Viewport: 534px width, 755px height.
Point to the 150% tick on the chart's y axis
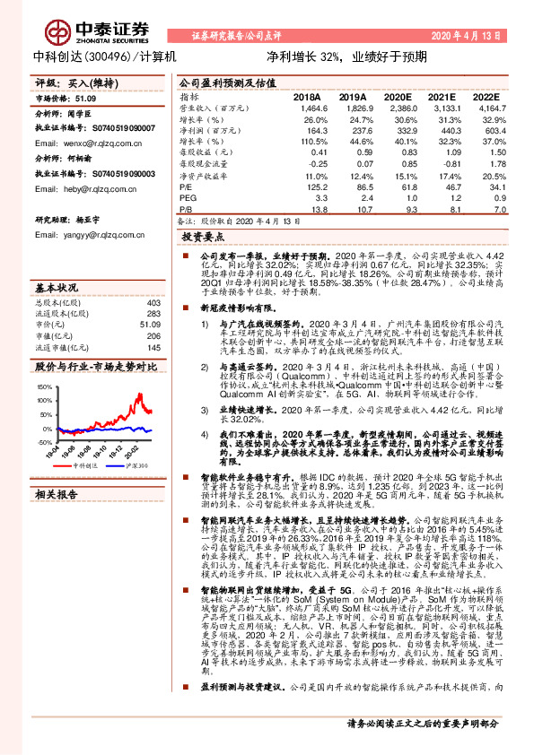pos(44,387)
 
